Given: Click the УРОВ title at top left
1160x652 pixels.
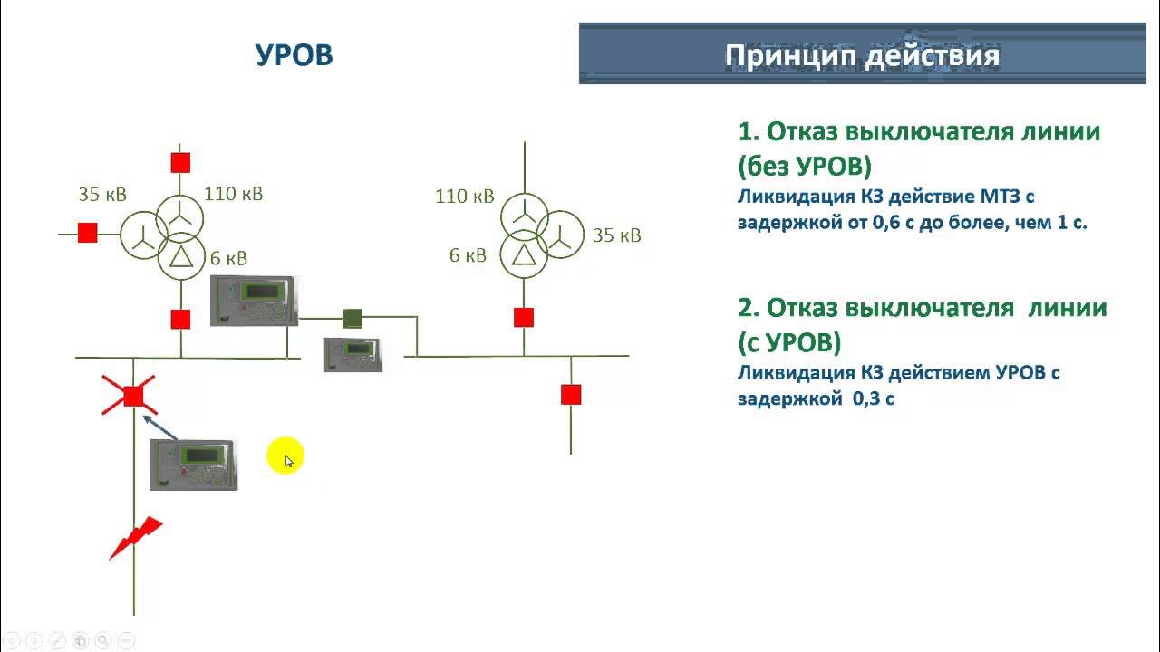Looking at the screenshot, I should [294, 55].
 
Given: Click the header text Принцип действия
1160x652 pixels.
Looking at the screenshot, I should [862, 56].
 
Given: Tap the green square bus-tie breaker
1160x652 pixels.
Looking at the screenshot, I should [353, 318].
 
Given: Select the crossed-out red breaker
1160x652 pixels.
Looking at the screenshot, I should [133, 396].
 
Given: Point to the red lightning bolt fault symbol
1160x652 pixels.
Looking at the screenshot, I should [136, 538].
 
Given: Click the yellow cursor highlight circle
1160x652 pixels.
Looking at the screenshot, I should [285, 458].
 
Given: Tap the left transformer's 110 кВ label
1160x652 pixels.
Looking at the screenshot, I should [234, 193].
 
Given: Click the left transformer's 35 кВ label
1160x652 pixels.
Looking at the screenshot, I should [102, 194].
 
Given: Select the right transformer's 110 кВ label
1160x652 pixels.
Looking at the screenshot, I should [464, 196].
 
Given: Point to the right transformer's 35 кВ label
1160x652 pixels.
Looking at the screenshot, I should [616, 235].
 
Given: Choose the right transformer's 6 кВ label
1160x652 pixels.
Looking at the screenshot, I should [468, 255].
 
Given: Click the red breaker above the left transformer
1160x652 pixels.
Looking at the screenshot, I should [180, 163].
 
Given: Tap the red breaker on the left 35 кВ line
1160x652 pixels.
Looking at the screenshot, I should [87, 233].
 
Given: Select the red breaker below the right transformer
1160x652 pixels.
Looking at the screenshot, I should [523, 317].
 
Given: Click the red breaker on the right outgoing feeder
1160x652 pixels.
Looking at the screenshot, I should [570, 395].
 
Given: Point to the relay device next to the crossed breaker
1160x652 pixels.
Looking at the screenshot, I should [193, 465].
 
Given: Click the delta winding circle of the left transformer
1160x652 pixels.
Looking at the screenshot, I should [182, 258].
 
